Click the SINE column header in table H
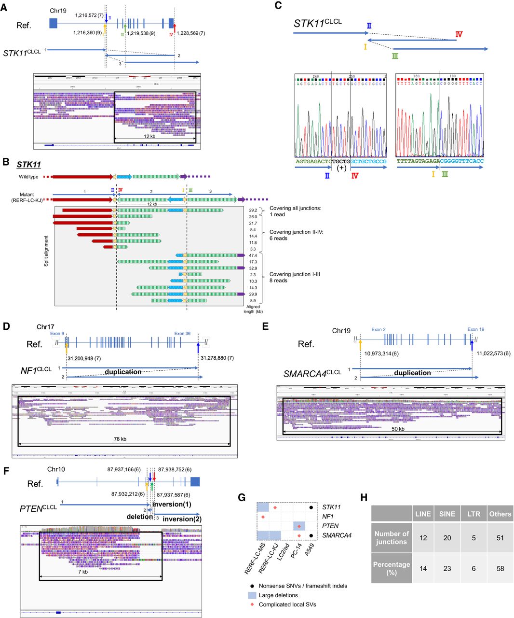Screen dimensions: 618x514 click(447, 514)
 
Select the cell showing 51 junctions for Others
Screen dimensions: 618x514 click(500, 538)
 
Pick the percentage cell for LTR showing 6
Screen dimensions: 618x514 click(473, 569)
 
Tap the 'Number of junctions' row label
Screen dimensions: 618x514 click(392, 538)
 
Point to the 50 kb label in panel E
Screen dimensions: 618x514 click(398, 429)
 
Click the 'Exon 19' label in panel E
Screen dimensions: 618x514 click(475, 329)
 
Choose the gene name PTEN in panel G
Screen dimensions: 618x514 click(330, 526)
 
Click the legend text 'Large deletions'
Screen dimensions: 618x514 click(278, 595)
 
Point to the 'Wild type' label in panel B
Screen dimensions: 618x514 click(28, 177)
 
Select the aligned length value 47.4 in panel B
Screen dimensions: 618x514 click(253, 255)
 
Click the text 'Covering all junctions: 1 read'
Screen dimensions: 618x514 click(295, 211)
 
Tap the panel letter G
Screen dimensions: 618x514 click(242, 497)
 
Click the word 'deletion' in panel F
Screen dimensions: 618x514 click(139, 517)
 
